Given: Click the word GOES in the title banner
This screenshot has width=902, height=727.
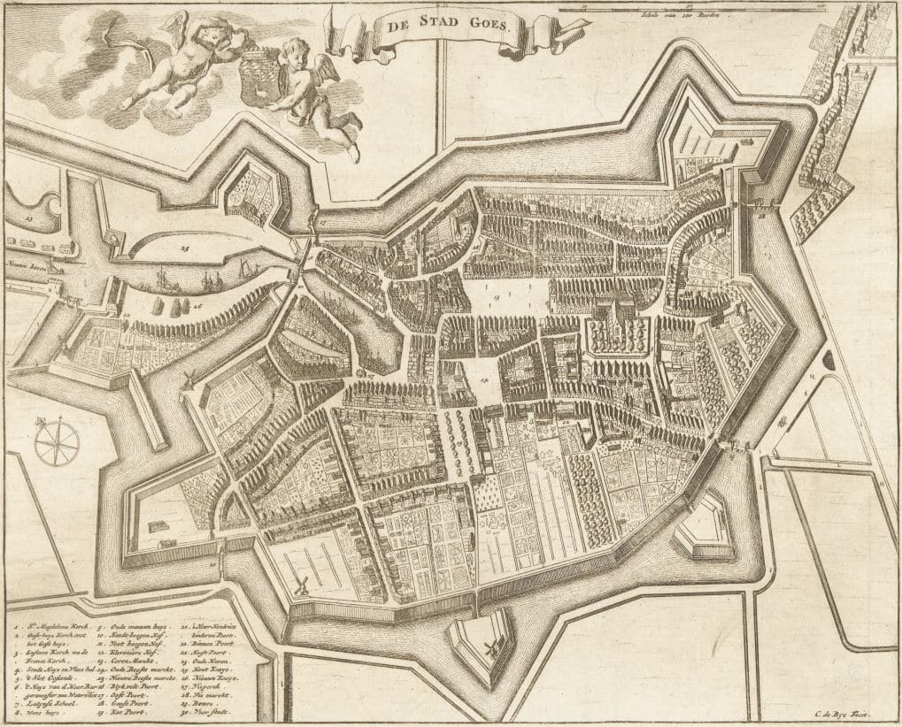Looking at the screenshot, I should point(485,26).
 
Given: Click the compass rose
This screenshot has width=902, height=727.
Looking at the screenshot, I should point(57,440).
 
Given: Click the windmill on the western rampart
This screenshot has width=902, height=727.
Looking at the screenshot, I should point(188,379).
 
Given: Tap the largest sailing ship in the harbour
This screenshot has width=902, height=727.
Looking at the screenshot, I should point(166,281).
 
